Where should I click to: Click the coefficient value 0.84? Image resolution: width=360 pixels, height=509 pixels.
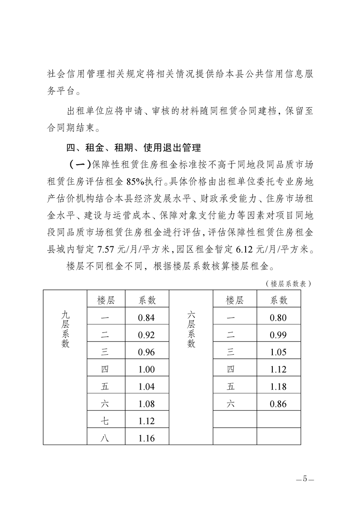point(146,318)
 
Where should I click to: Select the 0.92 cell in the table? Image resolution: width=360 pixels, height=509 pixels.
point(146,335)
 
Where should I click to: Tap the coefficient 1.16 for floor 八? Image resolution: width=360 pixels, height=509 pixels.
point(146,438)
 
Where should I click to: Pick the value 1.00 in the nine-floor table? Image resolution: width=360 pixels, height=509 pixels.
point(146,370)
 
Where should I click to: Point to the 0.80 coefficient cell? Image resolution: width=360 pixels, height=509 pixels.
point(278,318)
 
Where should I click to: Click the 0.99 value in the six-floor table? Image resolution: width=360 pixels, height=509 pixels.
point(278,335)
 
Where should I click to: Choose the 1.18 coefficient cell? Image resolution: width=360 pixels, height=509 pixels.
point(278,387)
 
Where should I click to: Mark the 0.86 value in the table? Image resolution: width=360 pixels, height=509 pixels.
point(278,404)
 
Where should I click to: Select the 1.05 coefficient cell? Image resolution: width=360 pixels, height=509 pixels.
point(278,352)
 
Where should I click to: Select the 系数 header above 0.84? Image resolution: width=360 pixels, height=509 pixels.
point(146,300)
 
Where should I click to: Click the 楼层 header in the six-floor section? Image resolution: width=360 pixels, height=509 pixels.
point(234,300)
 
